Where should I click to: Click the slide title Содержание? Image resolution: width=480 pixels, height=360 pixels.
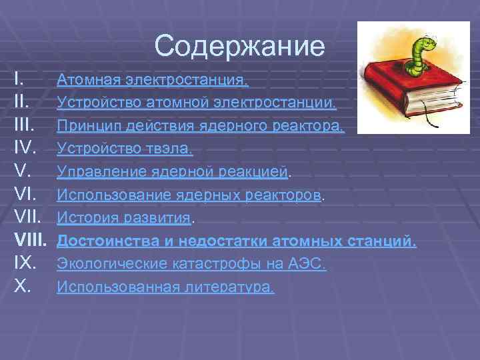click(239, 46)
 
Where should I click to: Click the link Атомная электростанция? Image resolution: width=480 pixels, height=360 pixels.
click(153, 81)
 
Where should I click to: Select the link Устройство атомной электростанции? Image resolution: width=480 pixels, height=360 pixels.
click(197, 103)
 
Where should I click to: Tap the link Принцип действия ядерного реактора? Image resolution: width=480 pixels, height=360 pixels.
click(201, 126)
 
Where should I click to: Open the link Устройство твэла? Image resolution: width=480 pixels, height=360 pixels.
click(125, 149)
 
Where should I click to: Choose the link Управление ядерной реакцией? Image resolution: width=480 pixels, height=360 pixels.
click(173, 172)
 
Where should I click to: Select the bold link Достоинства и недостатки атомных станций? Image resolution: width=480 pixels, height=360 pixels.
click(236, 241)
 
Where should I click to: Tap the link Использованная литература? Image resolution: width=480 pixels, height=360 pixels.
click(165, 287)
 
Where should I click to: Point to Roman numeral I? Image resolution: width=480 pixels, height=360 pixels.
click(19, 80)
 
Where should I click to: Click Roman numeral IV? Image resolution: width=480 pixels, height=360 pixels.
click(27, 149)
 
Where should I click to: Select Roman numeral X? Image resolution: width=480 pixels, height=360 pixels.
click(23, 287)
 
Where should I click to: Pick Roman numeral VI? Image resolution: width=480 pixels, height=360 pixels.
click(27, 195)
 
